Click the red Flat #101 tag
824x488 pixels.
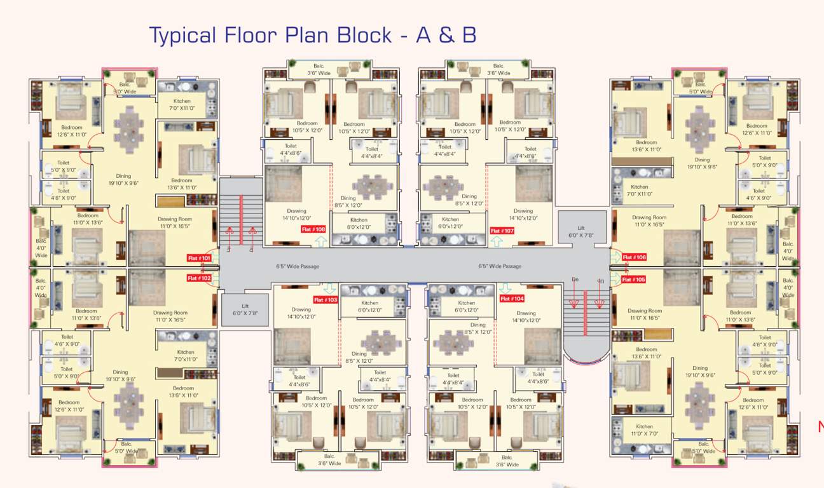click(199, 258)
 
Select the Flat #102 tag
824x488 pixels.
click(199, 278)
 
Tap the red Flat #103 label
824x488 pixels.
click(326, 299)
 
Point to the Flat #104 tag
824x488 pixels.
click(512, 299)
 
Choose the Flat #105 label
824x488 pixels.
click(634, 280)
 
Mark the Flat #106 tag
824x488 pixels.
click(634, 257)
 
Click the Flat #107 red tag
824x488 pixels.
click(502, 231)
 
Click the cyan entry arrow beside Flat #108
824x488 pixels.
click(320, 241)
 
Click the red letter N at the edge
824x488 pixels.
click(820, 427)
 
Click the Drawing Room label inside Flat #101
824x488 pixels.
click(175, 222)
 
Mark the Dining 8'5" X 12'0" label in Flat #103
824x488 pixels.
click(359, 357)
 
